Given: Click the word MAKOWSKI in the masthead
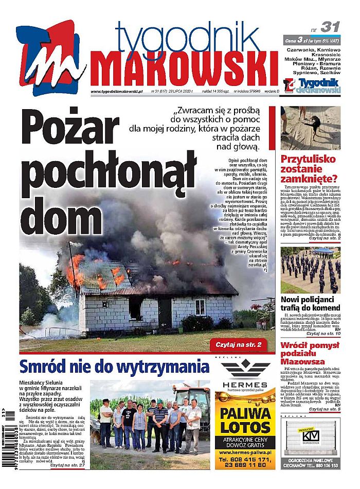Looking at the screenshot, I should coord(185,69).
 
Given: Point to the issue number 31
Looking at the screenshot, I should coord(330,27).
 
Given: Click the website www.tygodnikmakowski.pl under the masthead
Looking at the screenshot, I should coord(116,92).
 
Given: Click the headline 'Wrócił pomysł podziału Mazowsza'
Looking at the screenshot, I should coord(310,355).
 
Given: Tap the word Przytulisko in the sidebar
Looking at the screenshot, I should coord(308,159).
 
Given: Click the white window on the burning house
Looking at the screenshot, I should coord(200,307).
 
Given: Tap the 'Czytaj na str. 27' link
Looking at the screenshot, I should coord(67,464).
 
